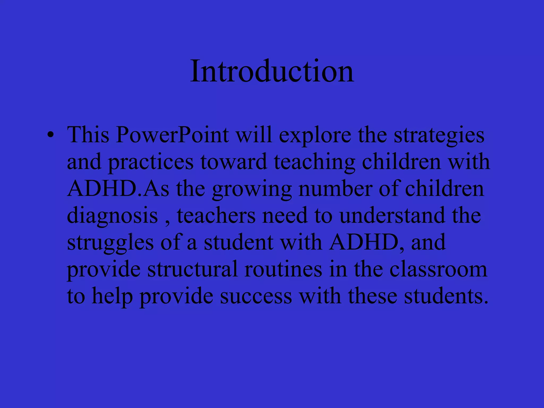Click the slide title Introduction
pyautogui.click(x=272, y=71)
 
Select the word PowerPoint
pyautogui.click(x=172, y=135)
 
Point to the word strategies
pyautogui.click(x=439, y=135)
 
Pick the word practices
pyautogui.click(x=151, y=162)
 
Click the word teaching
pyautogui.click(x=314, y=162)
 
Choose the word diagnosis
pyautogui.click(x=112, y=216)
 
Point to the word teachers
pyautogui.click(x=216, y=215)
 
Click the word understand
pyautogui.click(x=392, y=215)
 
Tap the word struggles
pyautogui.click(x=110, y=243)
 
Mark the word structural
pyautogui.click(x=192, y=269)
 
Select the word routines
pyautogui.click(x=283, y=269)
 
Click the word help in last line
pyautogui.click(x=112, y=296)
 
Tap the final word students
pyautogui.click(x=446, y=296)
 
